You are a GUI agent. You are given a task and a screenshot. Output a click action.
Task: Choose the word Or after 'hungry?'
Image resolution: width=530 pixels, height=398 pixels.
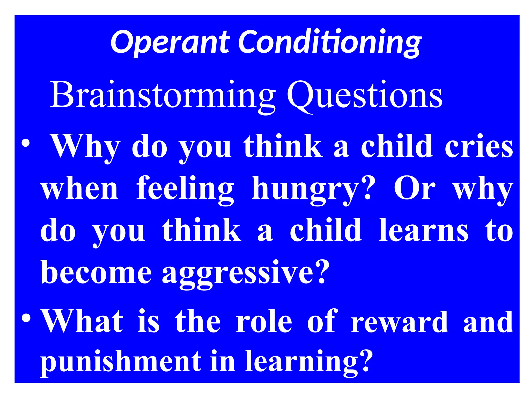(x=414, y=188)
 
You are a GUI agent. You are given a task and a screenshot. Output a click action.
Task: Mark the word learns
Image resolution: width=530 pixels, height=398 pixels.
(x=423, y=229)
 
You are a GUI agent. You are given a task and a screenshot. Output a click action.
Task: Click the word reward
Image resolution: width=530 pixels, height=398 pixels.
(x=400, y=322)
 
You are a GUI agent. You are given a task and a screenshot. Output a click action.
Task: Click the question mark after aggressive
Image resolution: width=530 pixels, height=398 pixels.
(x=321, y=271)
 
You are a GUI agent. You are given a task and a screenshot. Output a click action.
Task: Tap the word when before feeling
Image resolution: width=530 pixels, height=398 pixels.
(x=80, y=188)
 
